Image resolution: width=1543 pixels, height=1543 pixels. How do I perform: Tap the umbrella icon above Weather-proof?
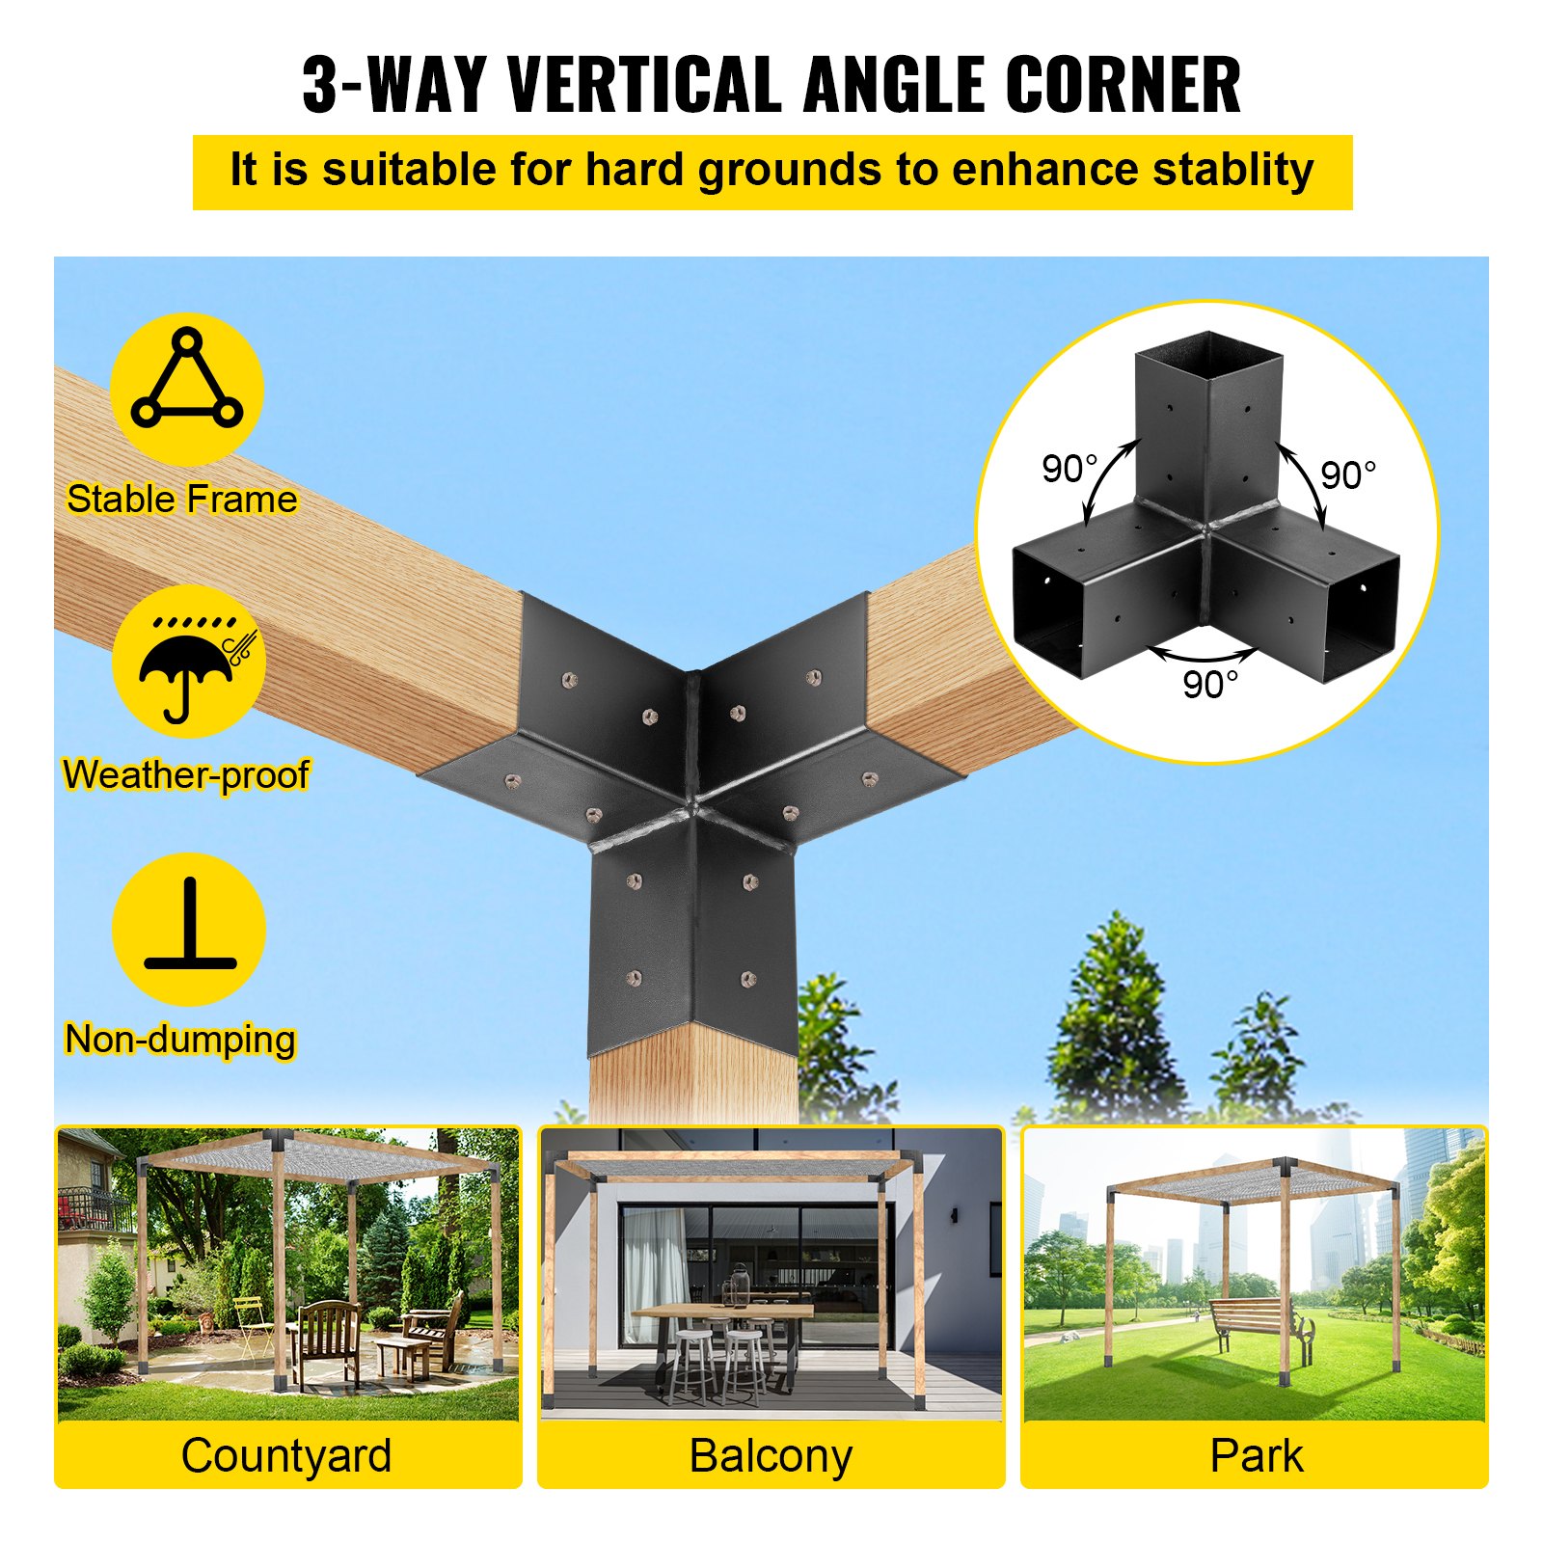(188, 665)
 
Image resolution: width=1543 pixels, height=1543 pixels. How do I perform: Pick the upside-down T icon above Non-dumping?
(190, 926)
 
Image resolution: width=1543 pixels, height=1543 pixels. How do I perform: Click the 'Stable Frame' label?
(182, 500)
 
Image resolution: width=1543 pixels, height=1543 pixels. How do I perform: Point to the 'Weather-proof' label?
(186, 775)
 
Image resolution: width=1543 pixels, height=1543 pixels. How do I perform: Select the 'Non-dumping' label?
(180, 1040)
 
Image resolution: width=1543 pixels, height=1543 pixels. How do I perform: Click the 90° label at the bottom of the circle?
(1209, 685)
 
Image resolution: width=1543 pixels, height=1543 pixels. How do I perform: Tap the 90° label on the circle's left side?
(1069, 470)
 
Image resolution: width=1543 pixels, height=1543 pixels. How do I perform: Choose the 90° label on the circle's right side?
(1347, 475)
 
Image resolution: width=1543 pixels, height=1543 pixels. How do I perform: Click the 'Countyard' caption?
(286, 1455)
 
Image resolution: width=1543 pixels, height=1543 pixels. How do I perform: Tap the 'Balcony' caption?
(771, 1455)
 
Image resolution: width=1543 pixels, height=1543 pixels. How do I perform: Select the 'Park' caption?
(1256, 1455)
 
